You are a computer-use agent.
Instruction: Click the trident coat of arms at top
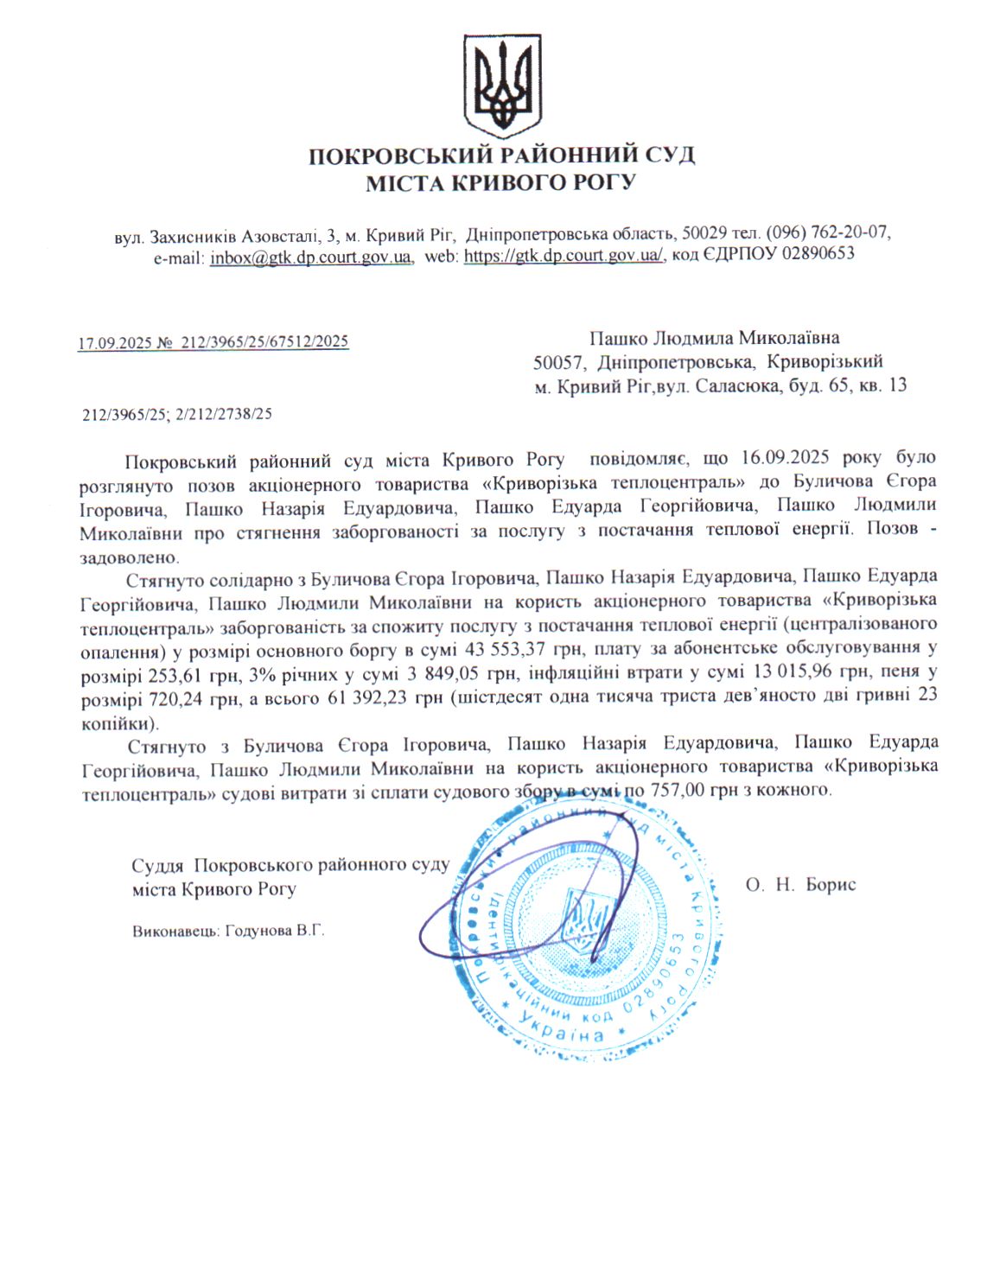[502, 85]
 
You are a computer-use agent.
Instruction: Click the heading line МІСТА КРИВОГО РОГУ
[500, 183]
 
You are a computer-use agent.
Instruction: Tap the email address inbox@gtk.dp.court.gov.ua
[311, 257]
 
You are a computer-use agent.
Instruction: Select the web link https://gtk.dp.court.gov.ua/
[564, 256]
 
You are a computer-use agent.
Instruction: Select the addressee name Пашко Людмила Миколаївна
[714, 338]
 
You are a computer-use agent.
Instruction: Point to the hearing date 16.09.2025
[786, 458]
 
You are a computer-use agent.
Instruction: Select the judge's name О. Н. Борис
[800, 885]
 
